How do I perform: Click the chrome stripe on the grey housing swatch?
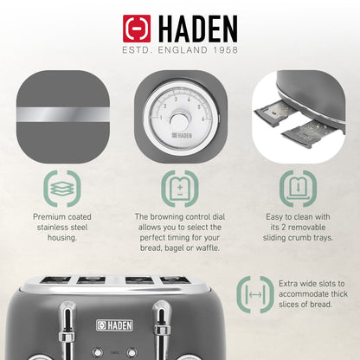coord(59,113)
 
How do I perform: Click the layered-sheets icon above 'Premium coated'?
coord(60,188)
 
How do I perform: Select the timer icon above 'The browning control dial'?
coord(179,188)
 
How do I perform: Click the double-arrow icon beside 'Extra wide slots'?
coord(254,295)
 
